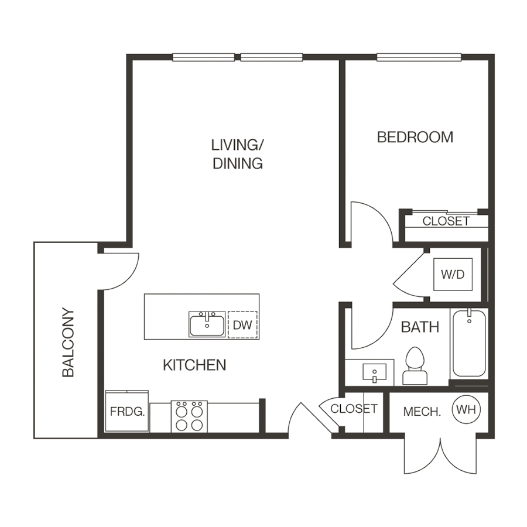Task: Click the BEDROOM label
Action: [415, 137]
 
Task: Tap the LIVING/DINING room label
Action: [237, 153]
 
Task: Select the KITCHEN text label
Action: [194, 365]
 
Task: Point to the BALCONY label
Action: [69, 343]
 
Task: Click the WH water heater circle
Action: [466, 410]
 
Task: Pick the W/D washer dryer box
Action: [452, 274]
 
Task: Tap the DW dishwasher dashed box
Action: [242, 325]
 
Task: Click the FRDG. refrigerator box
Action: [126, 411]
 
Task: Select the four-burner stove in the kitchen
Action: [189, 416]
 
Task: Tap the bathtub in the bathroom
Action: [468, 343]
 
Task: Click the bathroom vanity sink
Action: [373, 372]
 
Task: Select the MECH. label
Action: [422, 412]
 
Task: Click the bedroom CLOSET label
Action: [446, 221]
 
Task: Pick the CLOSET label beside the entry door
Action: [354, 408]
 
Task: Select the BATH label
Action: [420, 327]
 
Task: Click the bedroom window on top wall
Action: [419, 57]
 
